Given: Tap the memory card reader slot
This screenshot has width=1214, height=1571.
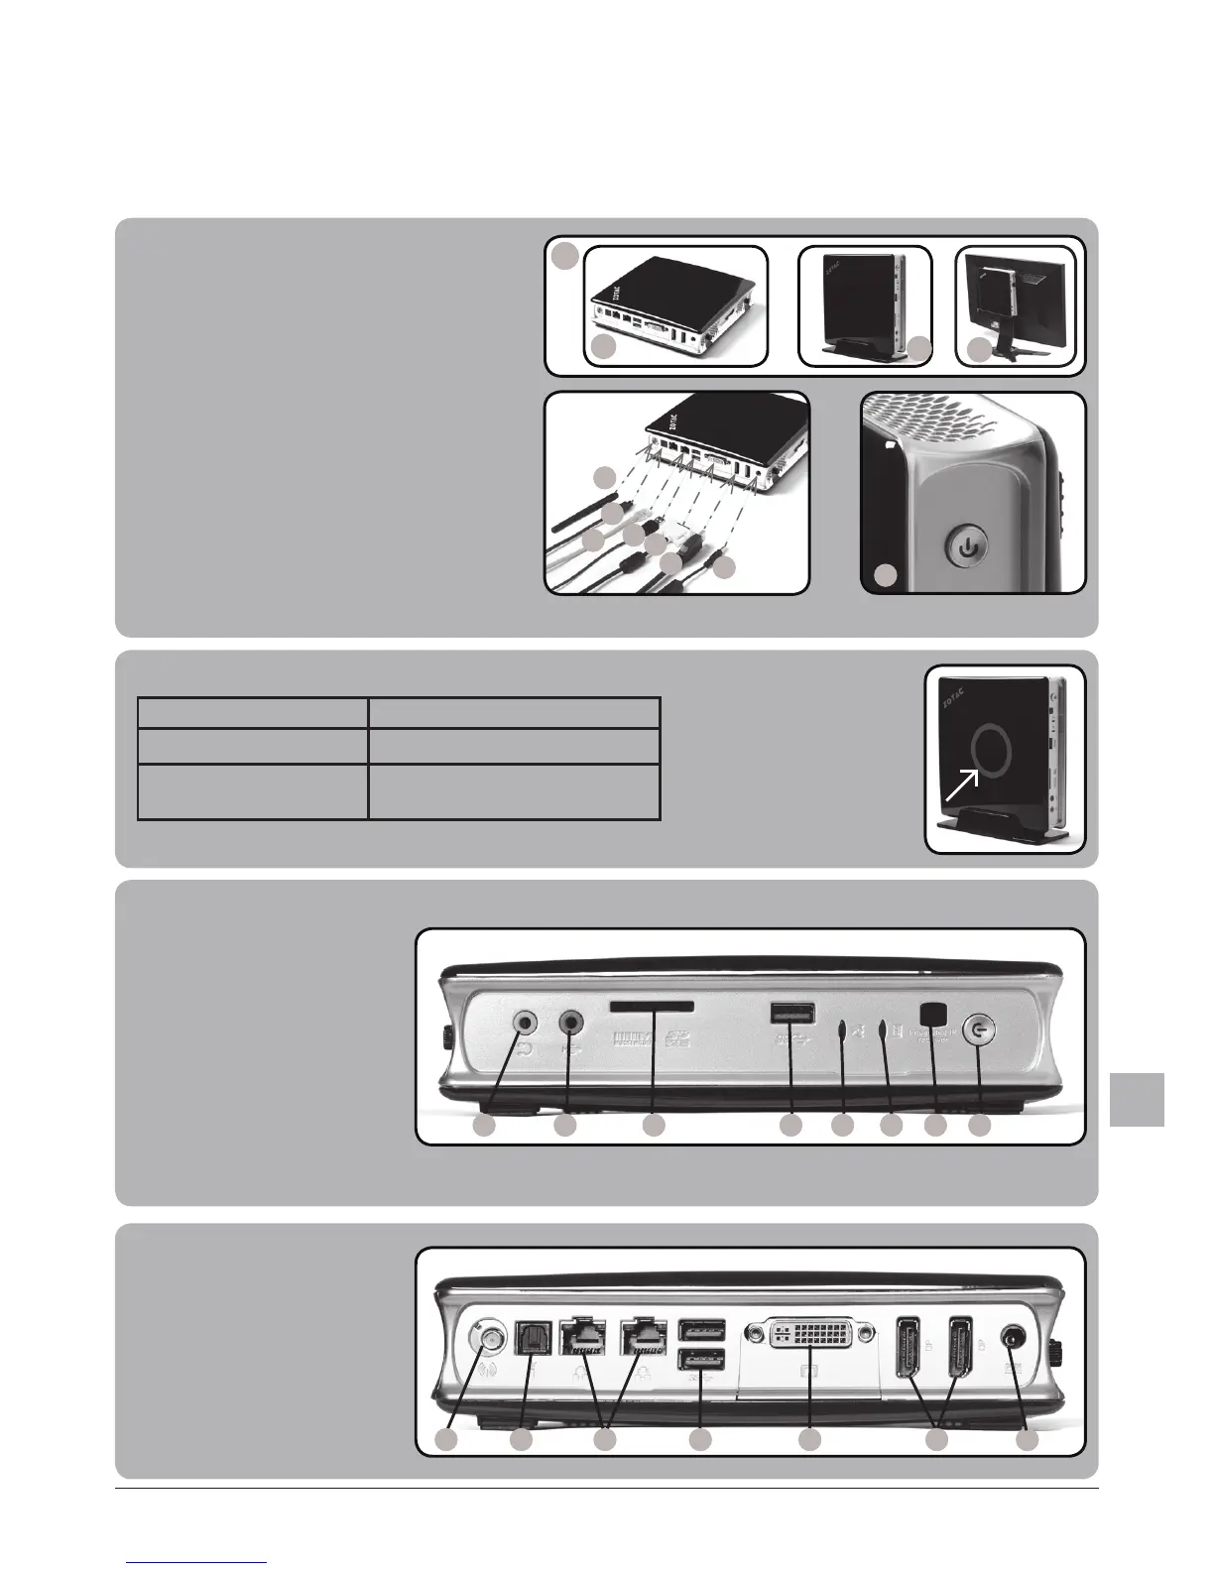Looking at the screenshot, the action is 653,1008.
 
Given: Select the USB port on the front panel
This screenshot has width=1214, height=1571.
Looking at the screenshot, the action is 791,1013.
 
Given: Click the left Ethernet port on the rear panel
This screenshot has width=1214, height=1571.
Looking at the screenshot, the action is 584,1337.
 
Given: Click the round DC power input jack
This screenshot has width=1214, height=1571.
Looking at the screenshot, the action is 1014,1338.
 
